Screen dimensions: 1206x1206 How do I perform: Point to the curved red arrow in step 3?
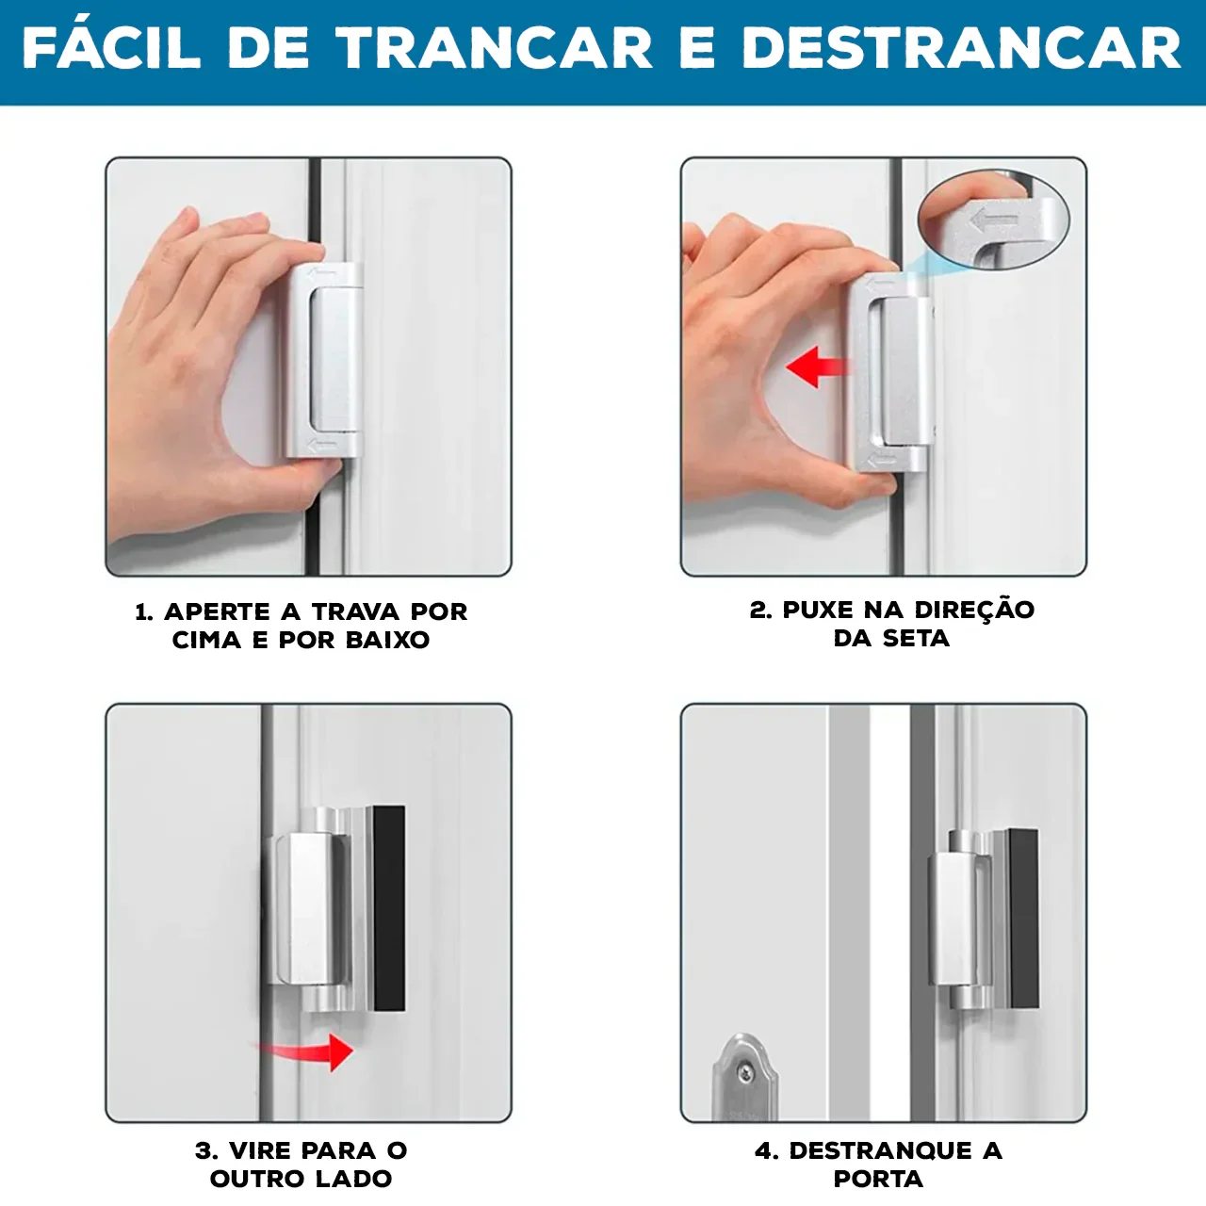point(311,1050)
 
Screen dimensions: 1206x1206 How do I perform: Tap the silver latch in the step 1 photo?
point(325,361)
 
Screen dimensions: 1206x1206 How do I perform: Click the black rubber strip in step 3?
point(388,907)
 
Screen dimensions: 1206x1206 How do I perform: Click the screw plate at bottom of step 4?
point(744,1078)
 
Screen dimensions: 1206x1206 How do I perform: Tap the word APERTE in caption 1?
point(218,611)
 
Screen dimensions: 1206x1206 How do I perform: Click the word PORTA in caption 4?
point(878,1179)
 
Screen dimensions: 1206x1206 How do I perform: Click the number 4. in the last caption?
point(767,1150)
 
